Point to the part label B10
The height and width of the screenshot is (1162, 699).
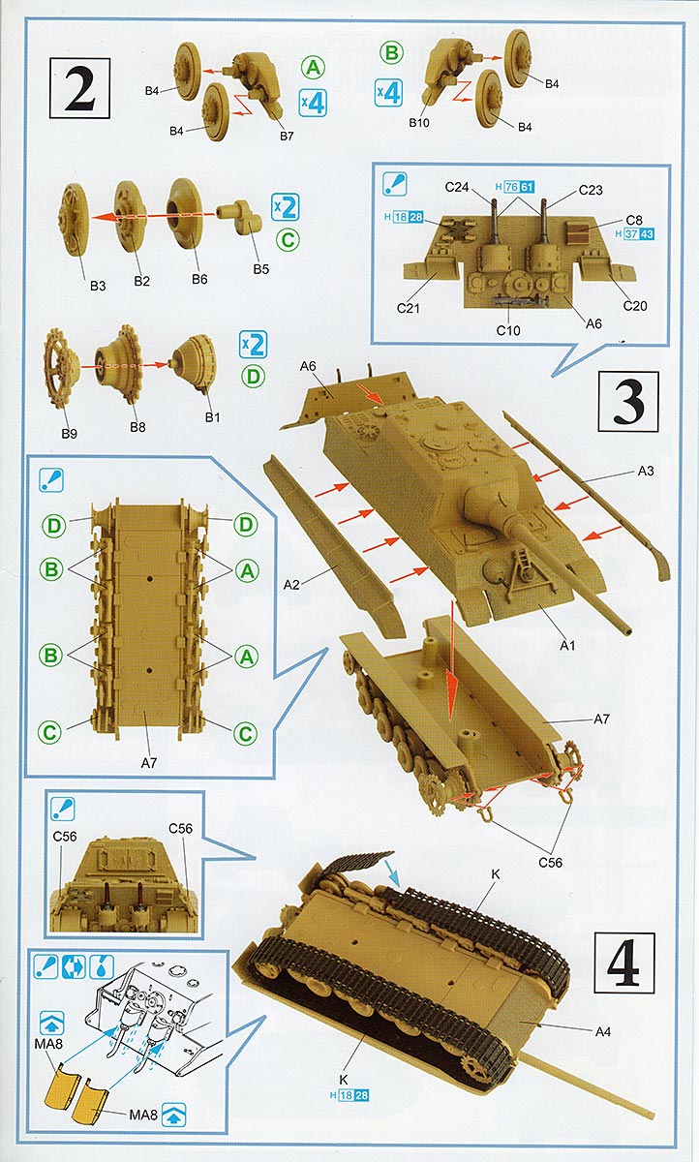(418, 123)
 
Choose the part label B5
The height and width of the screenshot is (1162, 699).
(260, 269)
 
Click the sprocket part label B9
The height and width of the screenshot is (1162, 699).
(69, 433)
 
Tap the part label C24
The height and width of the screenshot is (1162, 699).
(457, 187)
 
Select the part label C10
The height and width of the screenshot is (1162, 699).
(509, 331)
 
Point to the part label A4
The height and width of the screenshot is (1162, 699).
(602, 1031)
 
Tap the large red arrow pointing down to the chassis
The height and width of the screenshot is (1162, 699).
(451, 658)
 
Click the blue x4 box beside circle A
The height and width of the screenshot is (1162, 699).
(312, 102)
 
